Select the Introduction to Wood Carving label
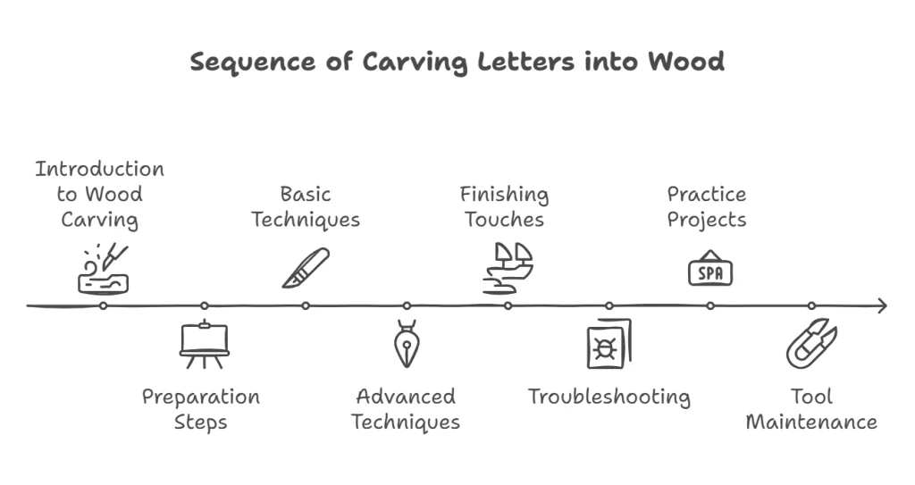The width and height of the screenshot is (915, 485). [99, 194]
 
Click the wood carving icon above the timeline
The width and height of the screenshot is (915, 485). [104, 269]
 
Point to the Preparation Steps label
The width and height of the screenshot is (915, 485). [200, 408]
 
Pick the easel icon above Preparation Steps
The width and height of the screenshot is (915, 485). [205, 344]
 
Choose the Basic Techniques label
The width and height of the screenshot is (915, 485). [305, 206]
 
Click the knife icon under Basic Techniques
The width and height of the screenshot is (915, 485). [306, 268]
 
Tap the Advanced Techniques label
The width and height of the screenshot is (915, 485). [406, 408]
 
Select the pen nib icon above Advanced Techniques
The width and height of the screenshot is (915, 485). [407, 344]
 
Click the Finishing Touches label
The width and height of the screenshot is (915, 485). [504, 206]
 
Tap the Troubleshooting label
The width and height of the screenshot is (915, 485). [609, 397]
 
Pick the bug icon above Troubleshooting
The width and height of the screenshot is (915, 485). [608, 345]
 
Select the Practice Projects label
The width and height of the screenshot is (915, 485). [706, 206]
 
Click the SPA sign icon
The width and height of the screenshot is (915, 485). [709, 270]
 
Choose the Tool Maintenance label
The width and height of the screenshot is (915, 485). [811, 408]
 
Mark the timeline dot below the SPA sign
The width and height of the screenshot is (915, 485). [710, 305]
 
